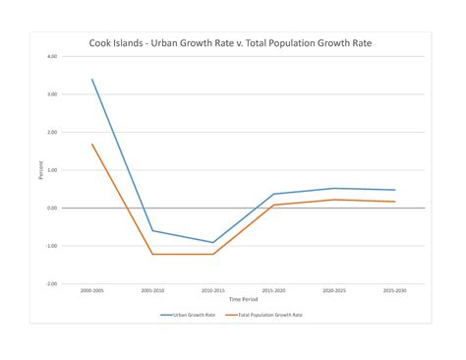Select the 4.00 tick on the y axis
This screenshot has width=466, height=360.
pyautogui.click(x=52, y=56)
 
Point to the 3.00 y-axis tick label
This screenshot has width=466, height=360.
pyautogui.click(x=52, y=94)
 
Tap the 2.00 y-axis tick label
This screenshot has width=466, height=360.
pyautogui.click(x=52, y=132)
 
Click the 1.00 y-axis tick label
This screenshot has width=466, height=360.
pyautogui.click(x=52, y=170)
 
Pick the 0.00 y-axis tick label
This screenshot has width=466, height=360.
pyautogui.click(x=52, y=209)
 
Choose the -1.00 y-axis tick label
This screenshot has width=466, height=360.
pyautogui.click(x=51, y=246)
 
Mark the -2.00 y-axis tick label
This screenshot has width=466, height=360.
pyautogui.click(x=51, y=284)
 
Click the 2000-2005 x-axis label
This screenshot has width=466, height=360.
pyautogui.click(x=91, y=291)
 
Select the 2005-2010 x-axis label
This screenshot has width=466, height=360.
pyautogui.click(x=152, y=291)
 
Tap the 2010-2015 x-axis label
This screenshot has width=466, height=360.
pyautogui.click(x=213, y=291)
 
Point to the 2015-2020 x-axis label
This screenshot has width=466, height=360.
pyautogui.click(x=273, y=291)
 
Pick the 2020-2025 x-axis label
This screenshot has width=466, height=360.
pyautogui.click(x=334, y=291)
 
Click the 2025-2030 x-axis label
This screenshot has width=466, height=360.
pyautogui.click(x=395, y=291)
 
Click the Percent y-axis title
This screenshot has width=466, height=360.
pyautogui.click(x=40, y=170)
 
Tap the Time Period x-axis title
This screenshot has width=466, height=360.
pyautogui.click(x=243, y=300)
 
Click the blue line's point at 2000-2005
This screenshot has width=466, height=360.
pyautogui.click(x=92, y=80)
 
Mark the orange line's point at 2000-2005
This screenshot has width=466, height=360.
pyautogui.click(x=92, y=145)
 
